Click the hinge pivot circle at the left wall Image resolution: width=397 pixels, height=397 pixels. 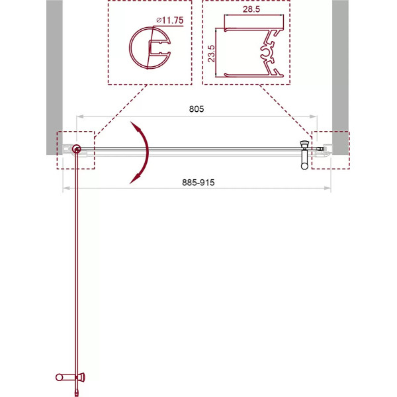[77, 150]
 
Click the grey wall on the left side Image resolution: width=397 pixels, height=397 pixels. [54, 66]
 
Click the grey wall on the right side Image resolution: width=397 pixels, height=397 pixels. [340, 66]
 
